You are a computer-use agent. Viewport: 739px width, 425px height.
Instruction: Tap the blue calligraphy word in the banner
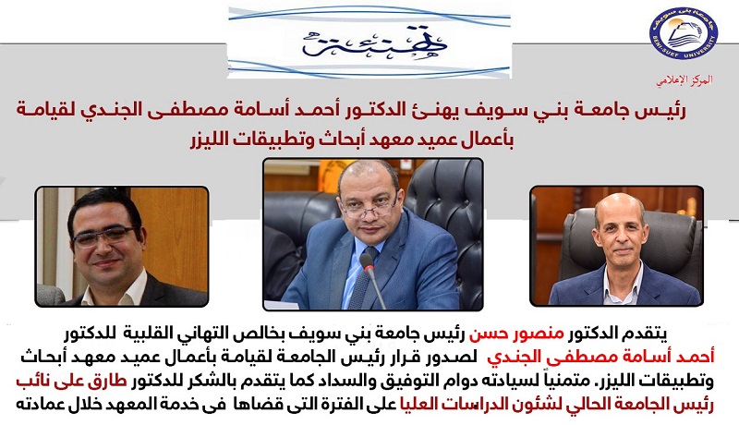pos(375,42)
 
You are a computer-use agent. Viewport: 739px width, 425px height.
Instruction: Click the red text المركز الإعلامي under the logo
pos(684,80)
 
